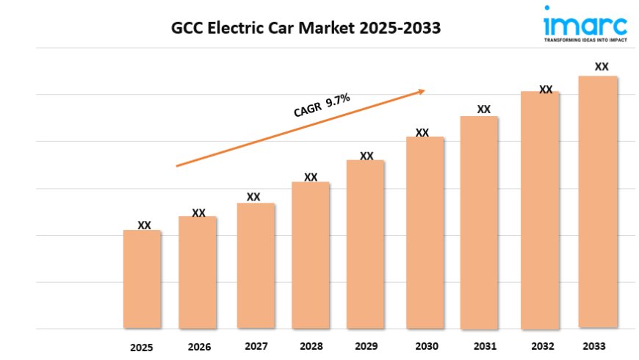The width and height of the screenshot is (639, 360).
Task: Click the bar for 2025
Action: (x=142, y=279)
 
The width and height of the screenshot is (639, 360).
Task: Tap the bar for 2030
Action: (x=425, y=232)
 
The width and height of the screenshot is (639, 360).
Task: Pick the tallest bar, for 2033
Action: (x=598, y=201)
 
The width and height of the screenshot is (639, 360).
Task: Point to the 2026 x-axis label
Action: (x=199, y=347)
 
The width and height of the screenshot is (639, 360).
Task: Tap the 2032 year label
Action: (x=544, y=346)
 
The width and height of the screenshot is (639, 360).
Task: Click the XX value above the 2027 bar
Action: (x=253, y=197)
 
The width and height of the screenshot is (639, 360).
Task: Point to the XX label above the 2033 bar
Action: (x=602, y=67)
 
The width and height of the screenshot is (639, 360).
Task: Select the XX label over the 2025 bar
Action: (x=145, y=225)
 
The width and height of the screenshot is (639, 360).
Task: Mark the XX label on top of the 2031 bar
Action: (x=483, y=109)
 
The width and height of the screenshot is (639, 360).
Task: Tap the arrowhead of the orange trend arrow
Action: (x=422, y=91)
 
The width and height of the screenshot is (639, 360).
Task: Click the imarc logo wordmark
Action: (x=585, y=25)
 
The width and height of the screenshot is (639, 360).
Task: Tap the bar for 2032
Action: (x=540, y=210)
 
